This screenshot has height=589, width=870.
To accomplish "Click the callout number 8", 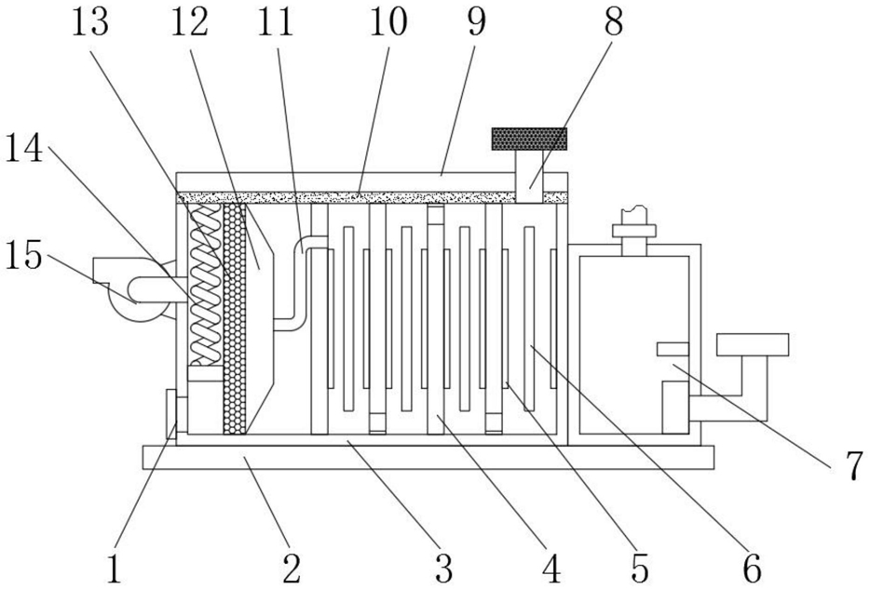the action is pos(613,21).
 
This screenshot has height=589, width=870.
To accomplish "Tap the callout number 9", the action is pos(475,21).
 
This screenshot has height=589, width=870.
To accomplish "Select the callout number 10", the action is pos(388,21).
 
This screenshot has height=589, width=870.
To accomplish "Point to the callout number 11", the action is pos(276,21).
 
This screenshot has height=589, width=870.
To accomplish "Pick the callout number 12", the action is pos(189,21).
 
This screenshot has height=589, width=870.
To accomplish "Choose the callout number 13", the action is pos(90,21).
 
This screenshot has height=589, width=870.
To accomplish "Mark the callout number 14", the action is pos(24,148).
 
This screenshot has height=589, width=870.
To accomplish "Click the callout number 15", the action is pos(24,256).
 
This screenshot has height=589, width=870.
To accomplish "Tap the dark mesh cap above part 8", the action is pos(529,139).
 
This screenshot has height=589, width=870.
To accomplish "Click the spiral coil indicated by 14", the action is pos(205,285).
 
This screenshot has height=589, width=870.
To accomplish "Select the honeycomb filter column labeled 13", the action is pos(234,318).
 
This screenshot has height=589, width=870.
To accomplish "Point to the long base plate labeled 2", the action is pos(428,457).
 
